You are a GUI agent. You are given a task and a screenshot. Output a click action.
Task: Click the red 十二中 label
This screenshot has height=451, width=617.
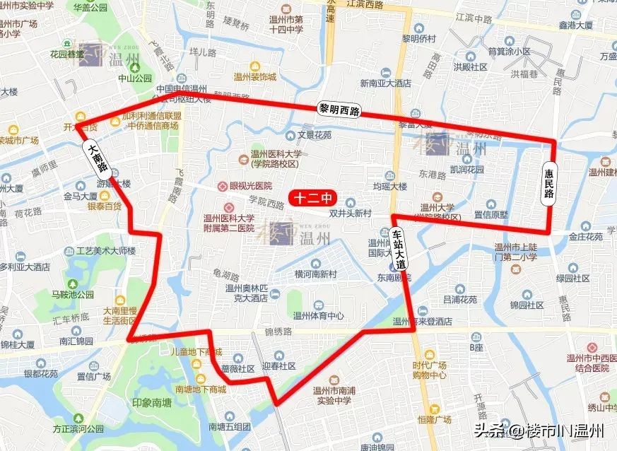312,199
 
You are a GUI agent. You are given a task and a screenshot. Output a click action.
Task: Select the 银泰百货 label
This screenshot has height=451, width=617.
104,206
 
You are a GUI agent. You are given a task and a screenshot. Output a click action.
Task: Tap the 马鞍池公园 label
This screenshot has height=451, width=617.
73,295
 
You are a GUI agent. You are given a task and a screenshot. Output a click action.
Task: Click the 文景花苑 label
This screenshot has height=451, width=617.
314,134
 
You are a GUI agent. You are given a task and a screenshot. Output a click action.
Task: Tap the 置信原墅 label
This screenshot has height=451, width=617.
491,213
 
